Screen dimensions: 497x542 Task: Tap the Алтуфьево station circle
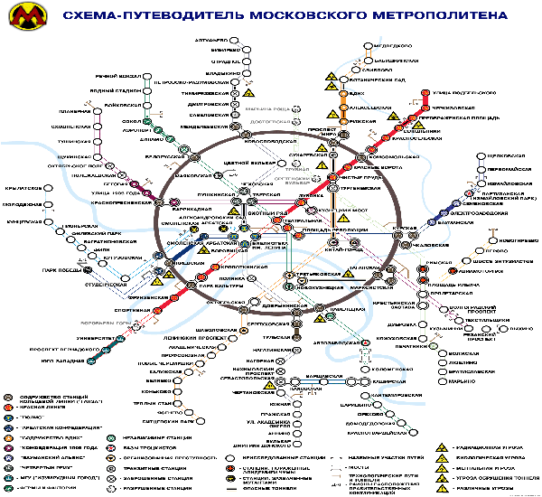point(243,42)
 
